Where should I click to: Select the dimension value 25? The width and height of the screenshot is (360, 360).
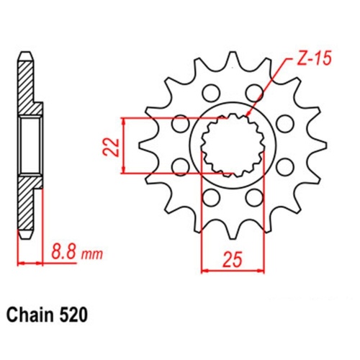(230, 258)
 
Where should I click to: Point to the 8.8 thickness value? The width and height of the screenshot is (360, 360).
(63, 253)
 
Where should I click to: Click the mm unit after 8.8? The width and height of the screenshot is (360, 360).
(92, 255)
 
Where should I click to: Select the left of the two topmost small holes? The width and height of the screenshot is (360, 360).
(210, 91)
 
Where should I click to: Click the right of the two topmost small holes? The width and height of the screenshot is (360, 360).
(253, 91)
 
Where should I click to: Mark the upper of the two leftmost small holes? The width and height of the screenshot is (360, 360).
(177, 124)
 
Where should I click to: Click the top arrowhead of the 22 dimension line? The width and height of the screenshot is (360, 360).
(125, 121)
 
